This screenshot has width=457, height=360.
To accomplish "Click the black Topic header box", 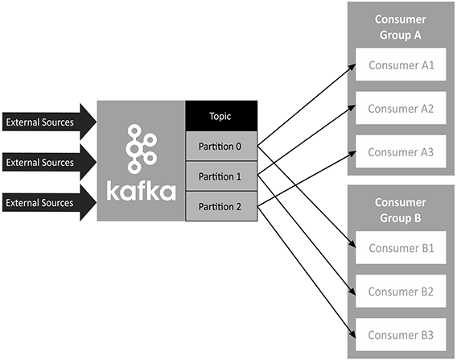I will pyautogui.click(x=221, y=115).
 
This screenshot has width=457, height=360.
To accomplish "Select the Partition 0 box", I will pyautogui.click(x=221, y=147).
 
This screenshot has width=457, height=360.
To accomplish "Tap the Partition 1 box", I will pyautogui.click(x=221, y=176).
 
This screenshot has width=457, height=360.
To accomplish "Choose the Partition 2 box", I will pyautogui.click(x=221, y=206).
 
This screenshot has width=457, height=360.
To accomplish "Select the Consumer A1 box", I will pyautogui.click(x=401, y=66).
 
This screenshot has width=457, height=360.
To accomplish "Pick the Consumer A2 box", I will pyautogui.click(x=401, y=109).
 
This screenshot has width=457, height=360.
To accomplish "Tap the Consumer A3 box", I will pyautogui.click(x=401, y=151).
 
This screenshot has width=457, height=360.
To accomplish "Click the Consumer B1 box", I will pyautogui.click(x=401, y=247).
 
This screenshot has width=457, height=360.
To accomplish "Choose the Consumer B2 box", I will pyautogui.click(x=401, y=291).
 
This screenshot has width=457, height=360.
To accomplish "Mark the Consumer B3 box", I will pyautogui.click(x=401, y=333).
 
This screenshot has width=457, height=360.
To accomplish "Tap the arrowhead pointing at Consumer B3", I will pyautogui.click(x=353, y=330).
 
